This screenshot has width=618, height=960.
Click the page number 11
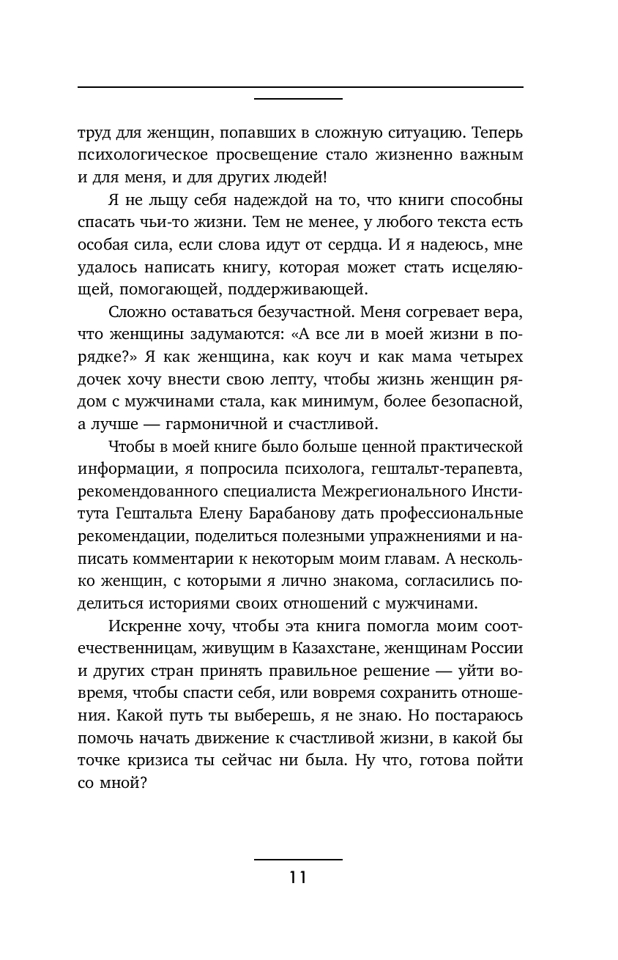pyautogui.click(x=297, y=877)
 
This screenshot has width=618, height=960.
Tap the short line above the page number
pyautogui.click(x=297, y=859)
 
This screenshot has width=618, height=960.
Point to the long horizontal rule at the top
pyautogui.click(x=299, y=87)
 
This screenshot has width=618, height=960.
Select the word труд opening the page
pyautogui.click(x=94, y=134)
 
